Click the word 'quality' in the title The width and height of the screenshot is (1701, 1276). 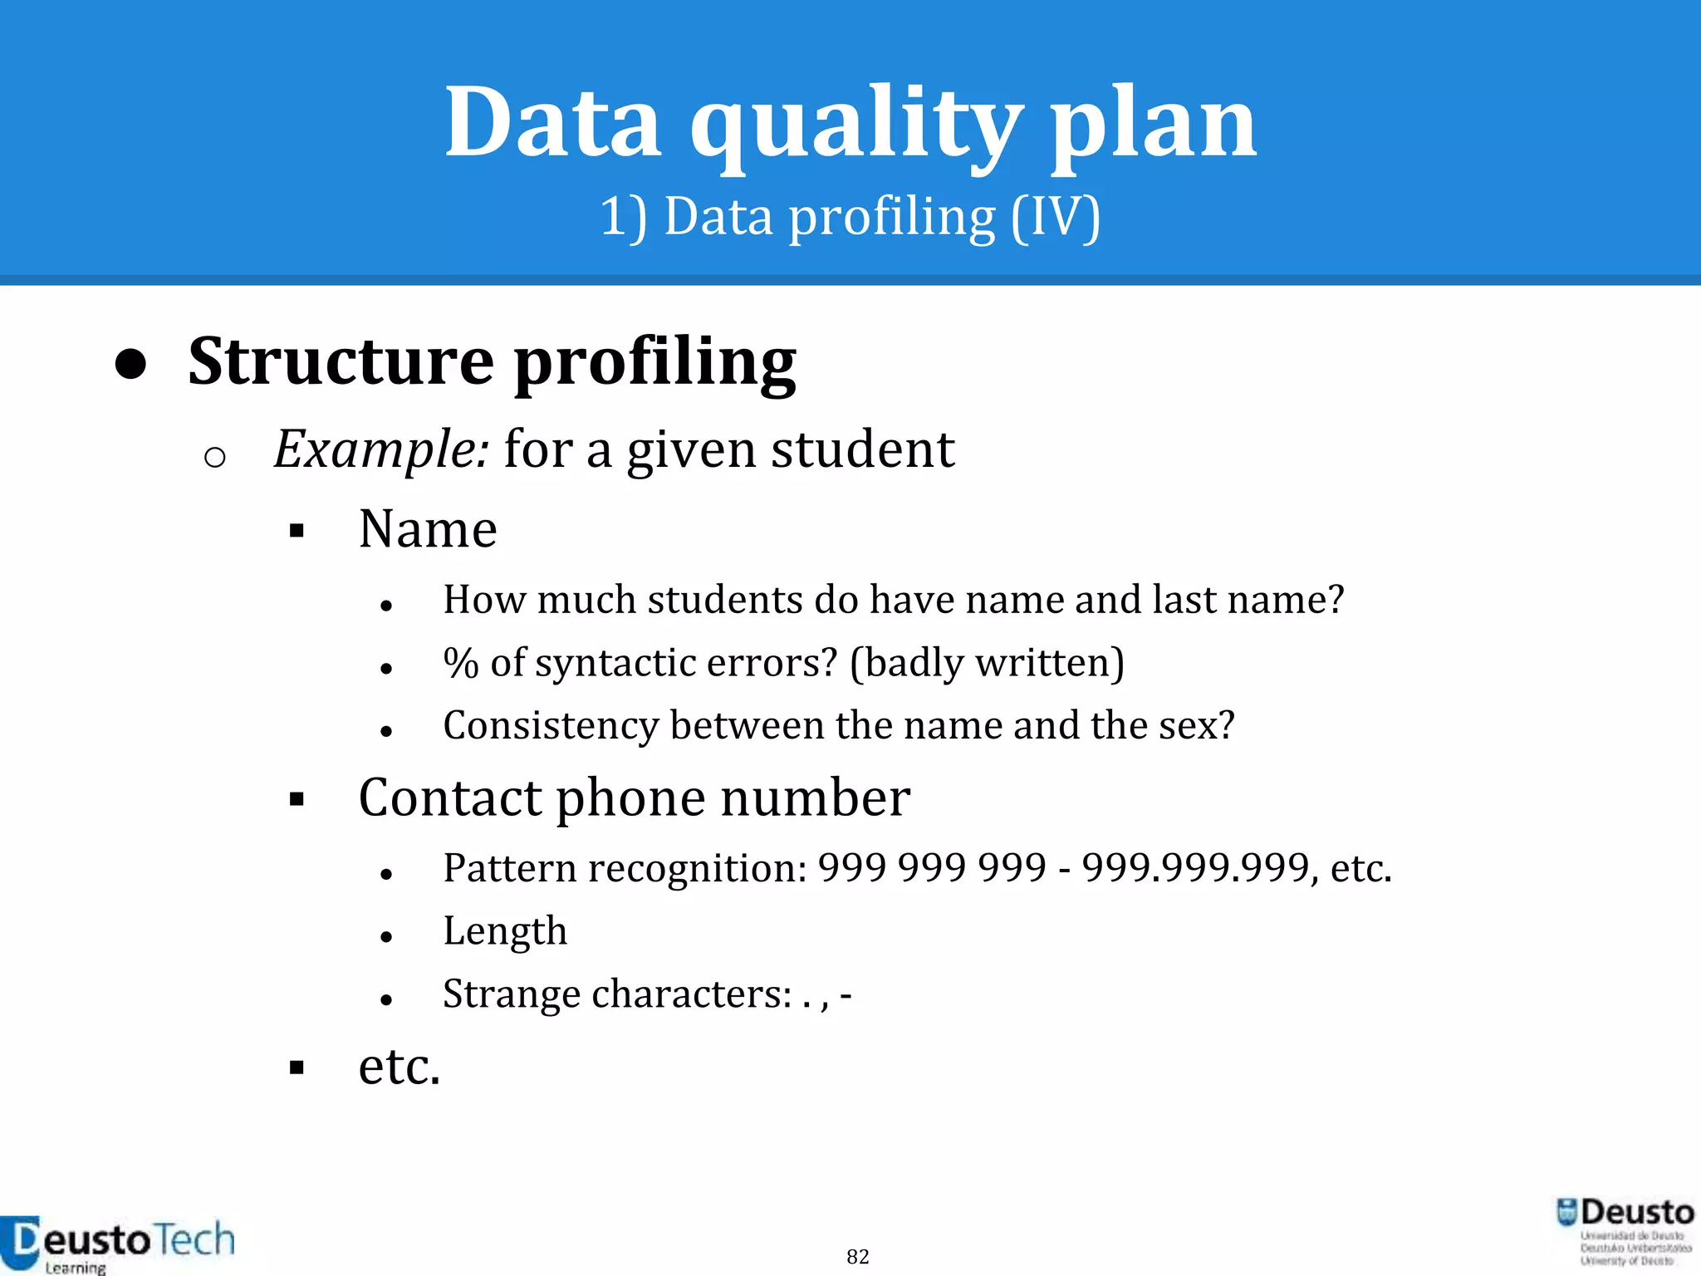855,125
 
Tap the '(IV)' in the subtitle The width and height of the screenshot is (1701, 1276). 1055,218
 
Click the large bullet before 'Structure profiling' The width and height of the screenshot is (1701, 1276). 131,364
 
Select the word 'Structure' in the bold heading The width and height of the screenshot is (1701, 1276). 341,362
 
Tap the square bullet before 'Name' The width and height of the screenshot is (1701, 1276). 297,531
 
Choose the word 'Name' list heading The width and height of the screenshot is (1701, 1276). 428,529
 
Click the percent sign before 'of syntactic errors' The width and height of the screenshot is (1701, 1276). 461,663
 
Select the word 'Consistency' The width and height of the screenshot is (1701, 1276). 550,725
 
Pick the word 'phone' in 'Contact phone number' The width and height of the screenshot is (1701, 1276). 630,797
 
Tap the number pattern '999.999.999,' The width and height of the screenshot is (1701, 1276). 1199,868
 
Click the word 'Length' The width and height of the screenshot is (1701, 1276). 505,931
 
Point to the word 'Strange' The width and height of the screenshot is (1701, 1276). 511,994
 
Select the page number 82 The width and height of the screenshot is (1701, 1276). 857,1256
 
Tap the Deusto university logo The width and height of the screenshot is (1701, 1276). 1624,1230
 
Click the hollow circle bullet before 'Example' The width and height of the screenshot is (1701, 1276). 214,457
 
